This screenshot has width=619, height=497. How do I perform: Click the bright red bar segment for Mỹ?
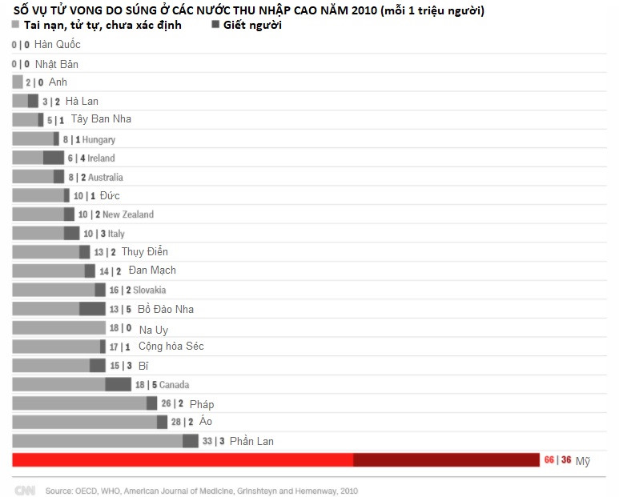[183, 460]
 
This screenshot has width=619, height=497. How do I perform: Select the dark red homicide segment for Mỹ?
[446, 460]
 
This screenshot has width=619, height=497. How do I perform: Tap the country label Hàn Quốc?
[58, 45]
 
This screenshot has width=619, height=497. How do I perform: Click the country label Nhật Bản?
[56, 64]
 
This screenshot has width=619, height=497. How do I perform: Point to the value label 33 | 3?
[212, 442]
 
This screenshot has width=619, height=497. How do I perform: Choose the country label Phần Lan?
[251, 442]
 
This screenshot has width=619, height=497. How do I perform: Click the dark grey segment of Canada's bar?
[118, 385]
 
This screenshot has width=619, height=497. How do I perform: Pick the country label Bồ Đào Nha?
[166, 309]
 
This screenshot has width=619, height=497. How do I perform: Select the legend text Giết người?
[252, 26]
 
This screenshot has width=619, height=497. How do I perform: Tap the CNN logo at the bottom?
[25, 490]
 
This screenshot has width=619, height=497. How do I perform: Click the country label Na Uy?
[153, 330]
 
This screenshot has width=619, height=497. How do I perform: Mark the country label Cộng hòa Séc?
[171, 347]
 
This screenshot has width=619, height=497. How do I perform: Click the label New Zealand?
[128, 214]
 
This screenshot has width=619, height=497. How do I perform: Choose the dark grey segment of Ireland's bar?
[53, 158]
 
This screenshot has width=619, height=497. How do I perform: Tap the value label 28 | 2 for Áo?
[182, 423]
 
